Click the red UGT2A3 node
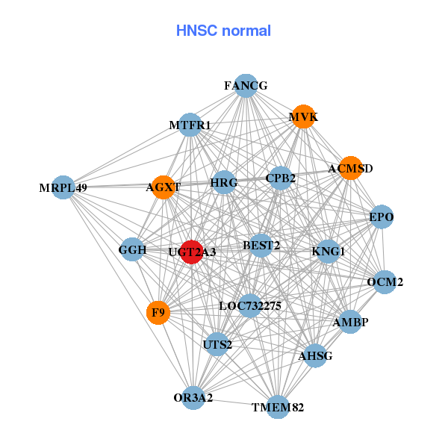coord(192,252)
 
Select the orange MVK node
coord(303,116)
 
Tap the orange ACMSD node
coord(350,168)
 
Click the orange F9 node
coord(158,312)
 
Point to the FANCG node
coord(246,86)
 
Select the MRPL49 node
coord(63,187)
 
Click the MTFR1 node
coord(191,125)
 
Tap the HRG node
coord(224,182)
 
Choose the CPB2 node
coord(280,178)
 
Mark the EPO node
coord(382,217)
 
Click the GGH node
coord(132,249)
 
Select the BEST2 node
coord(261,245)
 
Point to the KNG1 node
coord(329,251)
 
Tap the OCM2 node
coord(385,281)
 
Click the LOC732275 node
coord(249,305)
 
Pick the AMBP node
coord(350,322)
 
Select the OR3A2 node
coord(193,397)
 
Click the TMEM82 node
coord(278,407)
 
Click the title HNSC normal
coord(223,31)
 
